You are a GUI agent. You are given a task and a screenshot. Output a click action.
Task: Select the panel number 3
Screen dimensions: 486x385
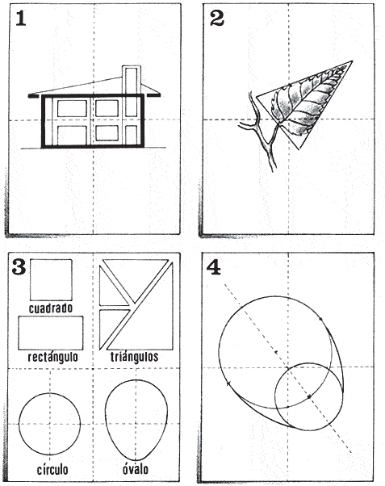pyautogui.click(x=21, y=266)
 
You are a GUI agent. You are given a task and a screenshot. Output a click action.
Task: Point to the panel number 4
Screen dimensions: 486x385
pyautogui.click(x=215, y=267)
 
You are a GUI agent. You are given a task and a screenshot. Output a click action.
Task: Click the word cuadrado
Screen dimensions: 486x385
pyautogui.click(x=50, y=308)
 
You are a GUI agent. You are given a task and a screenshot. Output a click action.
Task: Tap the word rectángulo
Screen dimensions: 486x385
pyautogui.click(x=50, y=356)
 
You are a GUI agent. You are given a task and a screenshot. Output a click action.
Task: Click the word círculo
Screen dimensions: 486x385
pyautogui.click(x=50, y=470)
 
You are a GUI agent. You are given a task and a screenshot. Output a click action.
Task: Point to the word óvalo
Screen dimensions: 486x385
pyautogui.click(x=133, y=470)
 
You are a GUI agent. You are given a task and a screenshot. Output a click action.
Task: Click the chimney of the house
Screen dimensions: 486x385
pyautogui.click(x=130, y=79)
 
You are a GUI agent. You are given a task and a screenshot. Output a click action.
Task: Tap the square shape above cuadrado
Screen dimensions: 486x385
pyautogui.click(x=51, y=280)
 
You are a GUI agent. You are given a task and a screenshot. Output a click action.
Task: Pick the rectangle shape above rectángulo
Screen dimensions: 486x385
pyautogui.click(x=50, y=332)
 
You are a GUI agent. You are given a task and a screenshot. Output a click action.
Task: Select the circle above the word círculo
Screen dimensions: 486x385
pyautogui.click(x=50, y=425)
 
